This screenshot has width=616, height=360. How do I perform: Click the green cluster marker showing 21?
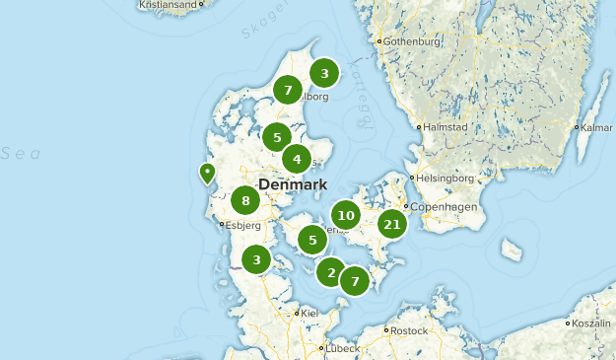[392, 224]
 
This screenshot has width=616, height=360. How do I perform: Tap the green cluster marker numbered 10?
[345, 215]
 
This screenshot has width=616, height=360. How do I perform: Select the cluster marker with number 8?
[245, 201]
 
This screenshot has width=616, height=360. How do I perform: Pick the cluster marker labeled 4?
[297, 158]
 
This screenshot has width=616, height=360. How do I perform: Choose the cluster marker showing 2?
[331, 272]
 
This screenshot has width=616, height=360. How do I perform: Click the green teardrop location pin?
[207, 174]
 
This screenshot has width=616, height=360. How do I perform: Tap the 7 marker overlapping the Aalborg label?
[287, 90]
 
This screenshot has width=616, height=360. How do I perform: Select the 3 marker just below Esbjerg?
[256, 259]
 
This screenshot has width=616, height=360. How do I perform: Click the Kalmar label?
[596, 127]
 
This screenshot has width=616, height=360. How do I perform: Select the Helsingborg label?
[446, 179]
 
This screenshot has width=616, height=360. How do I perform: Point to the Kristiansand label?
[169, 4]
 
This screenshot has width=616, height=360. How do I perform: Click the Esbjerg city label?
[243, 224]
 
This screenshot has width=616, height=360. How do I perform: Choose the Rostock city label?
[408, 330]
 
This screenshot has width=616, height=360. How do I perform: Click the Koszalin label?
[593, 323]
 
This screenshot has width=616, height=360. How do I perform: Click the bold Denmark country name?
[292, 184]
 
